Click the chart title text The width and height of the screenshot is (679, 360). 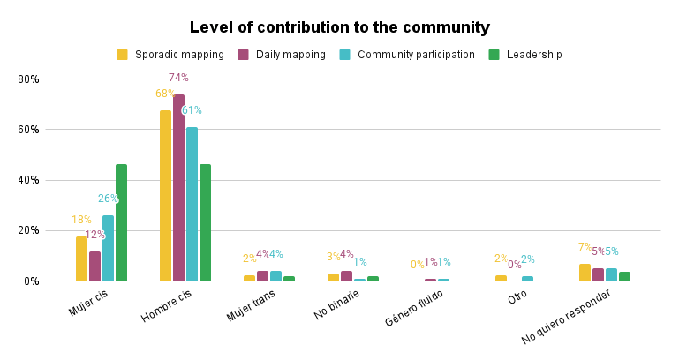coord(339,27)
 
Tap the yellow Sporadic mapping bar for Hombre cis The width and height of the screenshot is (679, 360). coord(165,195)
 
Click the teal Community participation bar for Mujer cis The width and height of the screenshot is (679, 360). coord(108,248)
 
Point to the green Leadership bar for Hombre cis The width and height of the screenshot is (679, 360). coord(205,222)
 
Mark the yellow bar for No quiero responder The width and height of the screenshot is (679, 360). coord(585,272)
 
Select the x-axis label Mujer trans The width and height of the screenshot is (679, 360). coord(252,305)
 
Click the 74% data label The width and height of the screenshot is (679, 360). coord(178,78)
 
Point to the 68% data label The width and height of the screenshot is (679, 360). coord(165,94)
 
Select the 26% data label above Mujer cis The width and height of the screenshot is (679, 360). coord(108,199)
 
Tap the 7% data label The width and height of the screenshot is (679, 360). coord(585,247)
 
